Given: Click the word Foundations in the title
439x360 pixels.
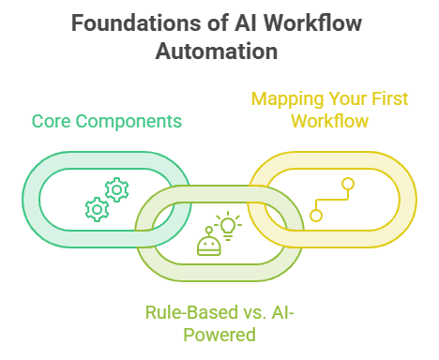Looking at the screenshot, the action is click(x=136, y=22).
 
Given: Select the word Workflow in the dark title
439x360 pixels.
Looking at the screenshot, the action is click(x=312, y=22).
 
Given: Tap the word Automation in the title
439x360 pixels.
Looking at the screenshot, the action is click(x=217, y=51).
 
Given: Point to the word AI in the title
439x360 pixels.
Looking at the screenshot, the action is click(x=246, y=22).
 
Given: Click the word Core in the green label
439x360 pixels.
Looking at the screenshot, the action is click(x=51, y=121).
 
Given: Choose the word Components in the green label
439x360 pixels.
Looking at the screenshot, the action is click(x=129, y=122).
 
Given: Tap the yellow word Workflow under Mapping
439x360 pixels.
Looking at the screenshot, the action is click(x=330, y=121).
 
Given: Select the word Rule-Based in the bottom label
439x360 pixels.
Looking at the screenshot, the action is click(x=191, y=312).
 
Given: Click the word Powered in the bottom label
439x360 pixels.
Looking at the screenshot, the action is click(x=219, y=335).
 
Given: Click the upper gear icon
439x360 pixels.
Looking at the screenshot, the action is click(x=116, y=189).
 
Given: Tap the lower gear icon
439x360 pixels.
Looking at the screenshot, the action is click(x=98, y=209).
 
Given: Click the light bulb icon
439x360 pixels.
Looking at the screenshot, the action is click(x=228, y=225).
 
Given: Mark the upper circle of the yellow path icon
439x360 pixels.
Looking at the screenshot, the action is click(x=348, y=184).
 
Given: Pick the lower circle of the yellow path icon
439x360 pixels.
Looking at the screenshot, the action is click(x=316, y=216).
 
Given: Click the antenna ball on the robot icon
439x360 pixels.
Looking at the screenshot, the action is click(x=208, y=230).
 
